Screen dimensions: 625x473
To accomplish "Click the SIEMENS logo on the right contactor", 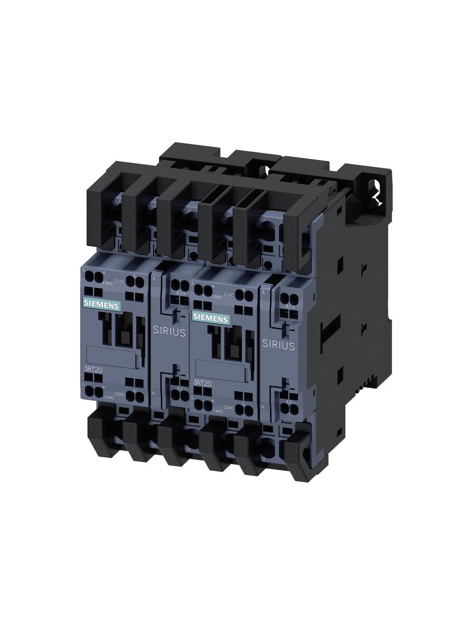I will pos(210,318).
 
